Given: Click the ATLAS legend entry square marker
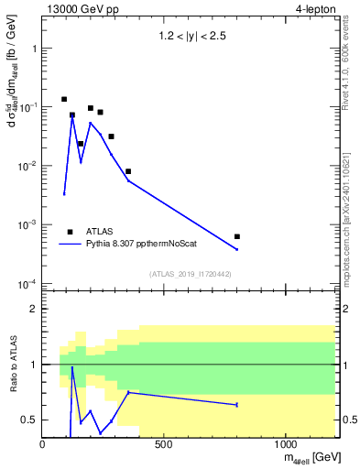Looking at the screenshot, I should tap(71, 232).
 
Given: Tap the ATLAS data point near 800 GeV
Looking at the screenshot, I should tap(237, 236).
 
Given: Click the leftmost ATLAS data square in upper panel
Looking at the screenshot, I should tap(64, 99).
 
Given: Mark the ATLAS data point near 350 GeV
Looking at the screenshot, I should tap(128, 171).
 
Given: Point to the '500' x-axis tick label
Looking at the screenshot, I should tap(164, 445).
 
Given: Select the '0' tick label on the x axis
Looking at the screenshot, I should tap(43, 445).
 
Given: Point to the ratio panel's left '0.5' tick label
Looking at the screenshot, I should tap(31, 420).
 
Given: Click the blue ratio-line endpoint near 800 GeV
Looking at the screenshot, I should tap(237, 405).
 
